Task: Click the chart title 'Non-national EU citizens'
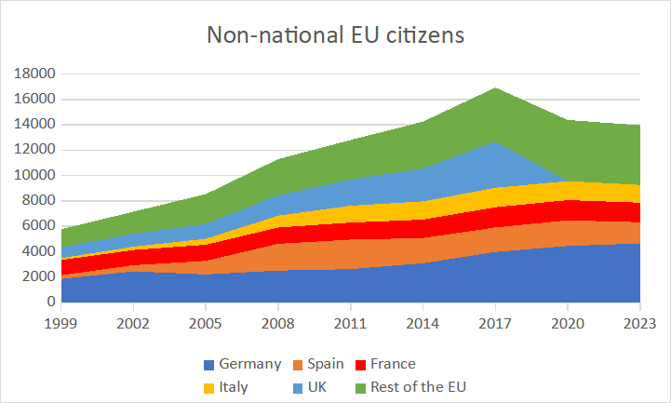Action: point(335,36)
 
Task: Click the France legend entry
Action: point(392,364)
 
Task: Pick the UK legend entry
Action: point(315,387)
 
